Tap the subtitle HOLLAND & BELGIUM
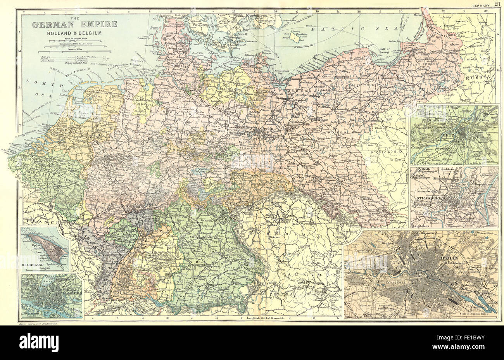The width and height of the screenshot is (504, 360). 74,33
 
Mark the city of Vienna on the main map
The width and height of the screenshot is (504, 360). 320,292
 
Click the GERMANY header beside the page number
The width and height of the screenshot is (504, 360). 481,4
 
